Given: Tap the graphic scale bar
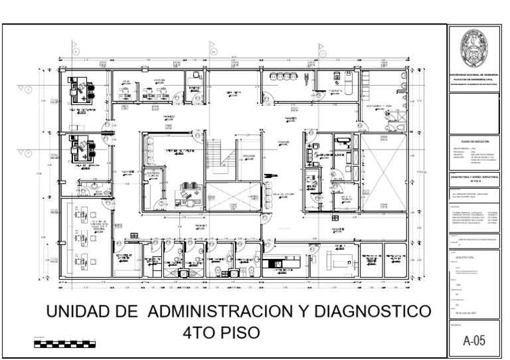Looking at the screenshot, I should pos(64,344).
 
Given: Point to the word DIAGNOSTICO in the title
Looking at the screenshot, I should pos(374,313).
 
